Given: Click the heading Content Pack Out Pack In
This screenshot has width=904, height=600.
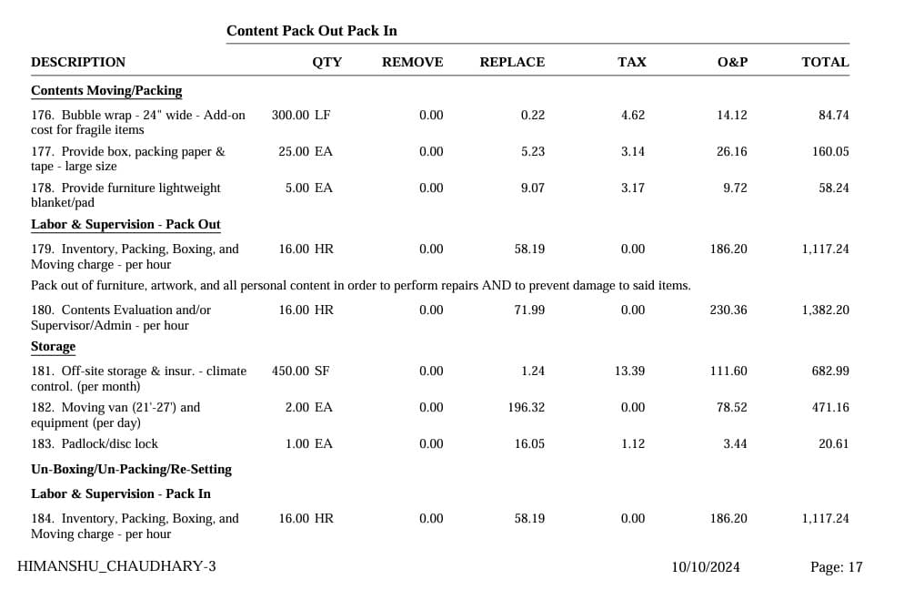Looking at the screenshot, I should click(x=311, y=31).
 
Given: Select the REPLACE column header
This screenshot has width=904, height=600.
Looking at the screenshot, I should click(x=512, y=62).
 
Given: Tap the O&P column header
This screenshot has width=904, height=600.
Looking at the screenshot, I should click(x=732, y=62).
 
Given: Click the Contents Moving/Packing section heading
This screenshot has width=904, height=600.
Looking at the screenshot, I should click(x=106, y=91).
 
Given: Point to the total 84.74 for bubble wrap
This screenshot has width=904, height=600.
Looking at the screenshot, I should click(x=833, y=115).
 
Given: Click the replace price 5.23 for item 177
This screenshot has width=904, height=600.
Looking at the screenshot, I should click(x=533, y=151).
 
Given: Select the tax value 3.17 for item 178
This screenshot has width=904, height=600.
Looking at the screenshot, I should click(x=633, y=188).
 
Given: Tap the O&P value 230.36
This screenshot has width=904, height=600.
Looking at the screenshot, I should click(x=728, y=310).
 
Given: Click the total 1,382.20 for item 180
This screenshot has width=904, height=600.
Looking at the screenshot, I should click(x=825, y=310).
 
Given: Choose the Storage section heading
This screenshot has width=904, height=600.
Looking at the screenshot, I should click(x=53, y=347).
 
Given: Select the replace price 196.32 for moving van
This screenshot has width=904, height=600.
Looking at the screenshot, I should click(x=527, y=407).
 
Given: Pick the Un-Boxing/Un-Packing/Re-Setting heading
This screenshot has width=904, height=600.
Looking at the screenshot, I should click(x=131, y=469).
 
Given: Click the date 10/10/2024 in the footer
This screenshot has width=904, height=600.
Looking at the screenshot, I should click(x=706, y=566).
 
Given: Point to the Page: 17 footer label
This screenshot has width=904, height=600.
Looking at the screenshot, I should click(x=836, y=566).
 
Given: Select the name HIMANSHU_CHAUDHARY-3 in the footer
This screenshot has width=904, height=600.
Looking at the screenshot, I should click(x=116, y=566).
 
